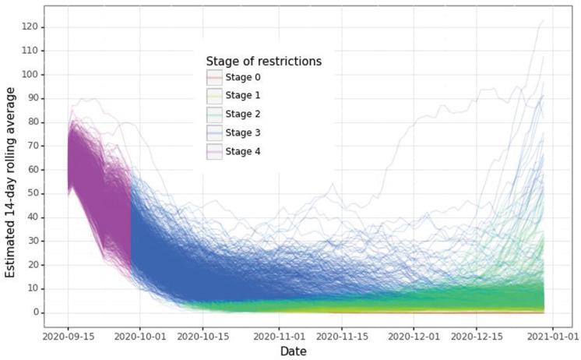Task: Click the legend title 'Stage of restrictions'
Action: coord(264,61)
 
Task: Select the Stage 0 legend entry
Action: coord(241,77)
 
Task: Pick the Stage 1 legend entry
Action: coord(241,96)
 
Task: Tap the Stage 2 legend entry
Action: coord(241,114)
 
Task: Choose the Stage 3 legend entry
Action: coord(241,132)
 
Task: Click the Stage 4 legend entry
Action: coord(241,151)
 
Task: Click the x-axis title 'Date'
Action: coord(299,352)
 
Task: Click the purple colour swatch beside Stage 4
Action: coord(214,151)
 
